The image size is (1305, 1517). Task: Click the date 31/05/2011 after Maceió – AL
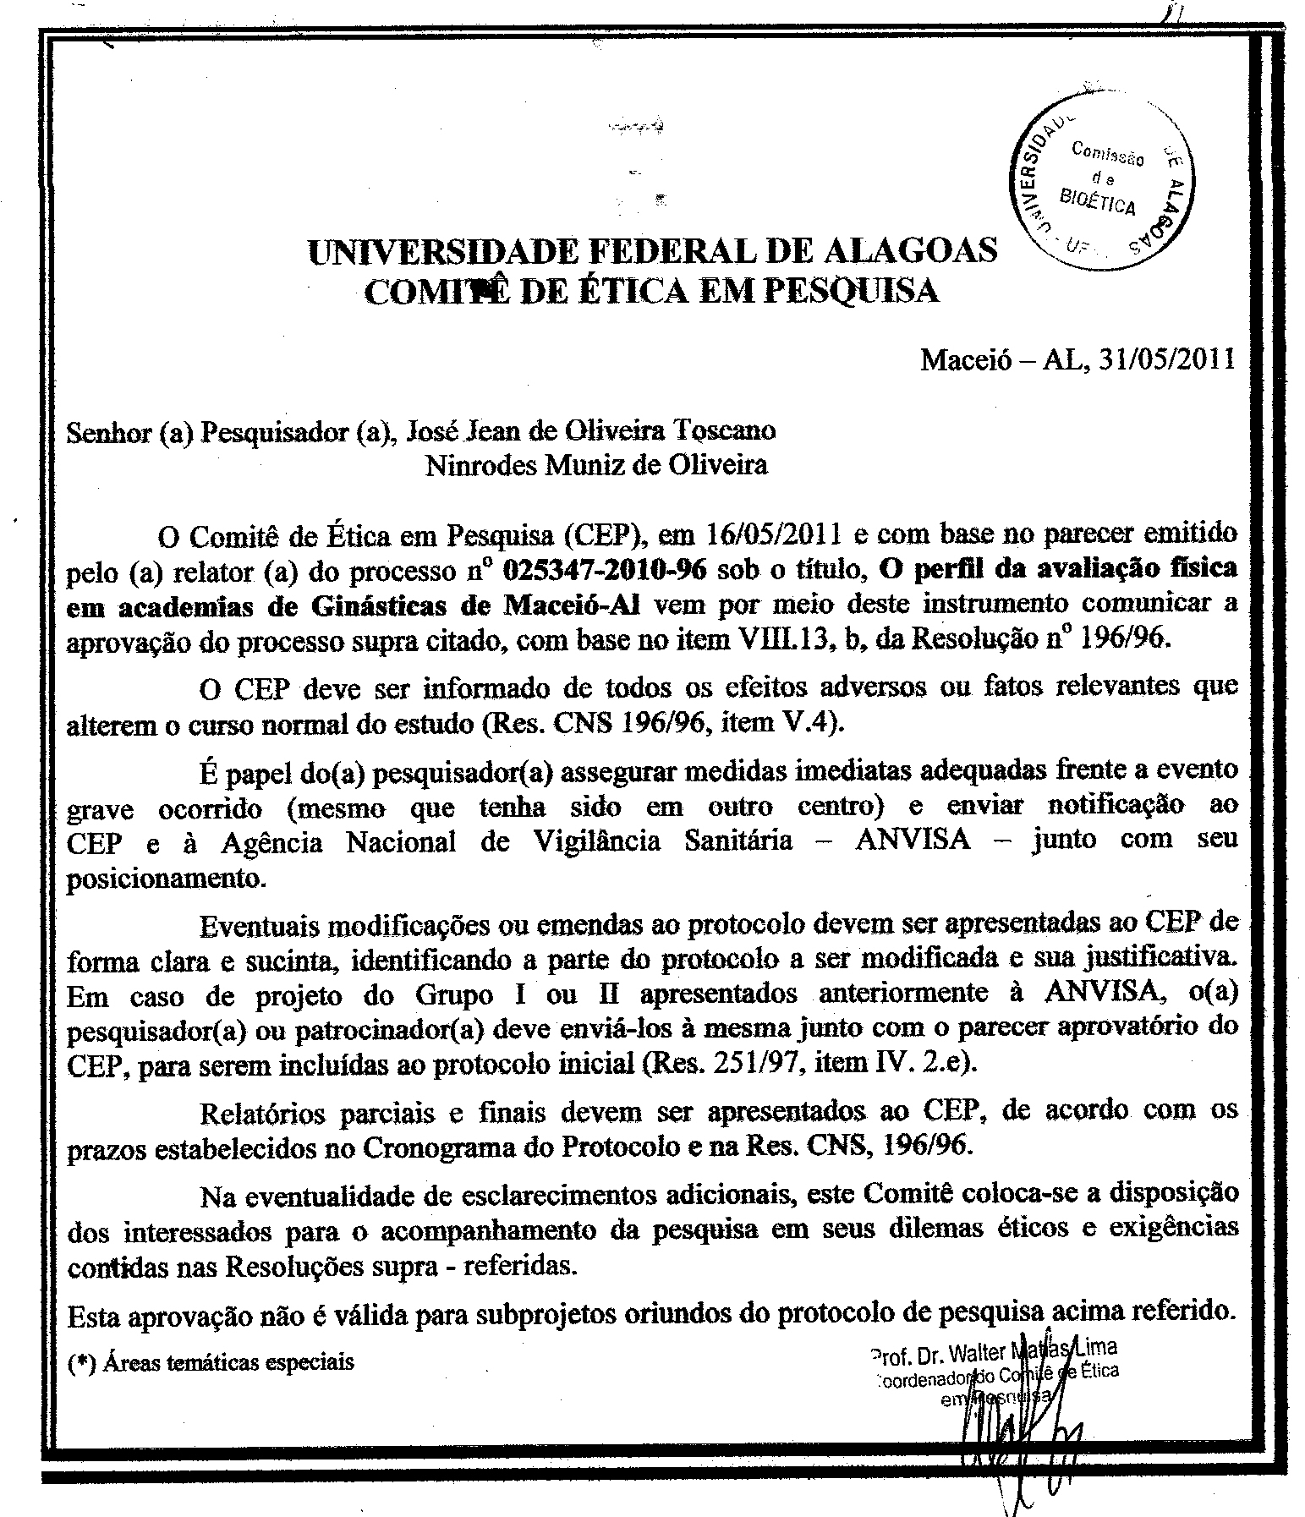coord(1167,360)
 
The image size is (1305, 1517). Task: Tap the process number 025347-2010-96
coord(604,570)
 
